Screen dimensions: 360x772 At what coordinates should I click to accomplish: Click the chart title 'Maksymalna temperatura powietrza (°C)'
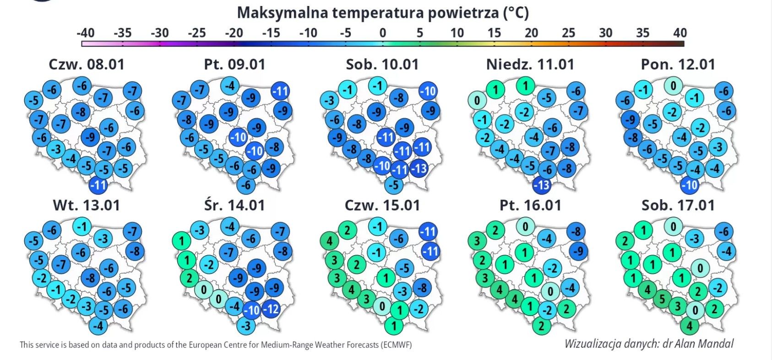(383, 13)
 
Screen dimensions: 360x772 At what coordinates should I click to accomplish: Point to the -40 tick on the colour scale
(85, 33)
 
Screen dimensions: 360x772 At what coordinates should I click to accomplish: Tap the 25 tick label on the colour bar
(568, 33)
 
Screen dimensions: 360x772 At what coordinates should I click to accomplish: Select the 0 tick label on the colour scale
(383, 33)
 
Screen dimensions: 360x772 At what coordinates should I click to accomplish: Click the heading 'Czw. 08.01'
(87, 64)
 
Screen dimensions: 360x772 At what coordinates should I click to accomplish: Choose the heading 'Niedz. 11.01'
(530, 64)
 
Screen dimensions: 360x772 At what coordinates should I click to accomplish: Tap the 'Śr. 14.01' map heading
(234, 205)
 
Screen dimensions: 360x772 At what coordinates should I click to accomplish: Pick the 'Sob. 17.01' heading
(678, 205)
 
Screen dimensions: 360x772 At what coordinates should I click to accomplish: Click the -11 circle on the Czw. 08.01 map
(98, 185)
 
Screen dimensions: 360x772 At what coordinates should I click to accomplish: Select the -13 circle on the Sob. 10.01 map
(419, 169)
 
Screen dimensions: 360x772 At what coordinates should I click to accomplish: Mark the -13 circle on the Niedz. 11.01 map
(542, 185)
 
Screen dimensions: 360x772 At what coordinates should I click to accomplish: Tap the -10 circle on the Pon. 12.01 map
(690, 185)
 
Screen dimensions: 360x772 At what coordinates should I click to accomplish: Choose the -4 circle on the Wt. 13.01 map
(98, 326)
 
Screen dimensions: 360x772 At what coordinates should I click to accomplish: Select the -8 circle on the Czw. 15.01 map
(422, 288)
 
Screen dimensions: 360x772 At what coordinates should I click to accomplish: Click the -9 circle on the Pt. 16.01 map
(578, 251)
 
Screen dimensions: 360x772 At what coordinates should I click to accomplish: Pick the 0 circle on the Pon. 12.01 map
(673, 86)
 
